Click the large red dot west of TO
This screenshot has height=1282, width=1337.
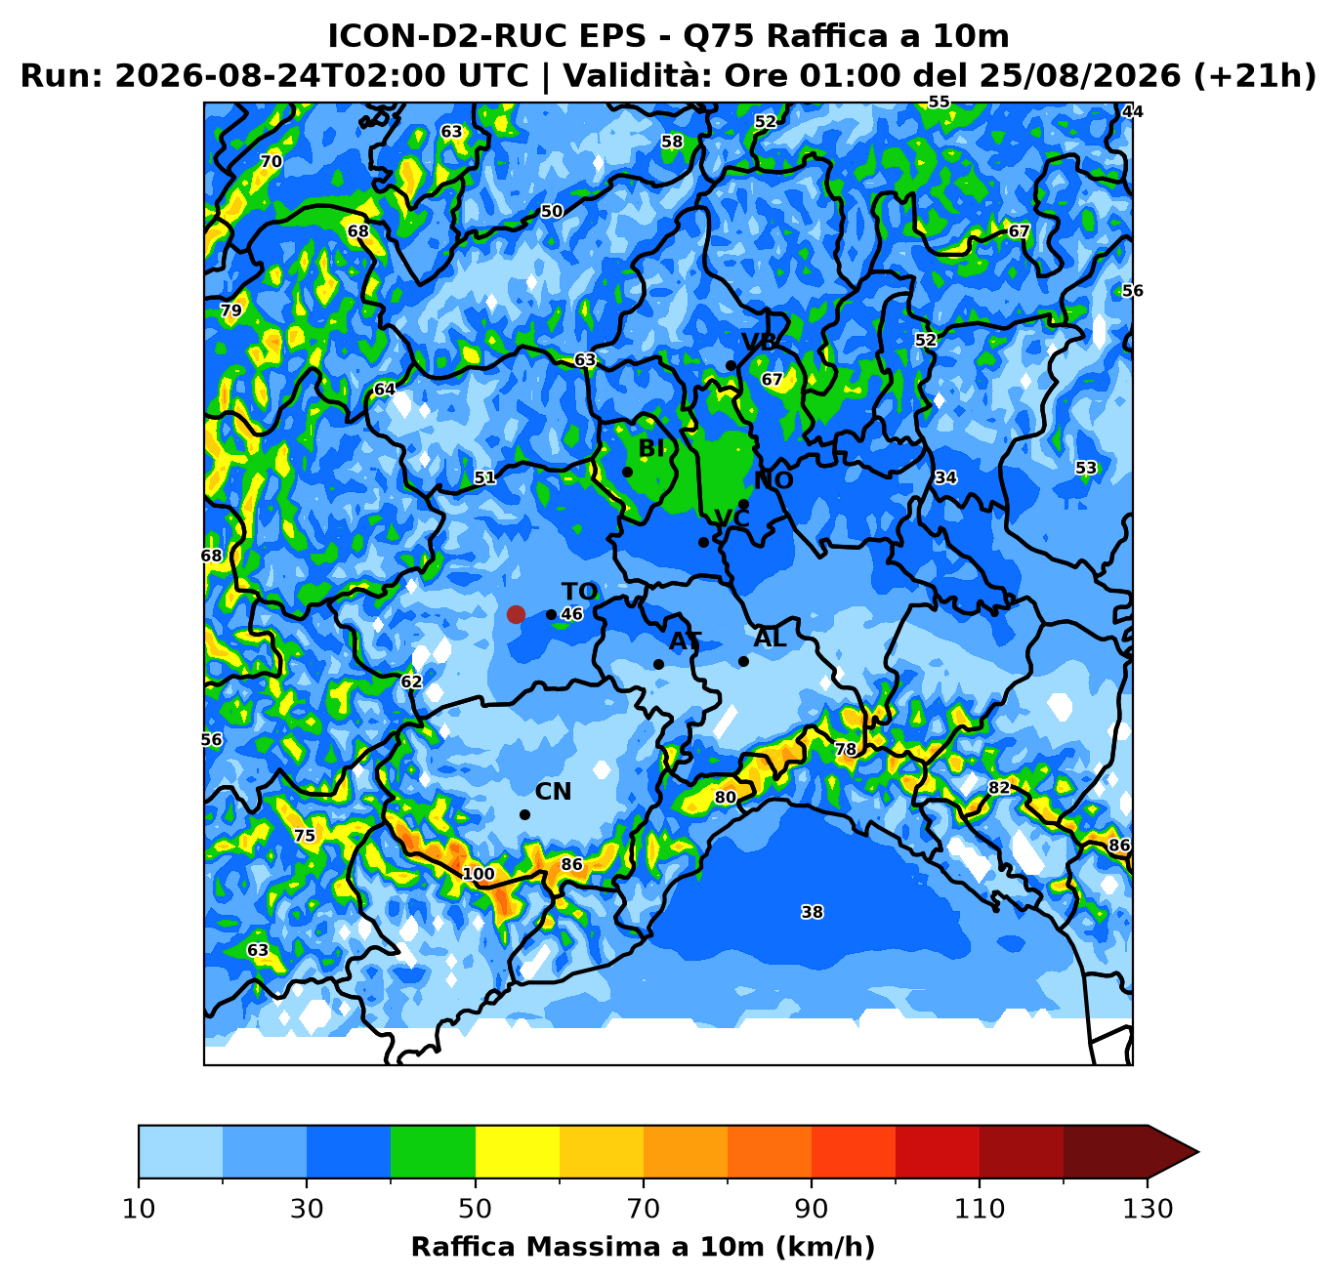click(516, 614)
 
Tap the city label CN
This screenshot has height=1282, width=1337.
click(553, 792)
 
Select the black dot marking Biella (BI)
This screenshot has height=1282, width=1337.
click(627, 472)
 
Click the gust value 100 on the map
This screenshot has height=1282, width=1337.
click(479, 874)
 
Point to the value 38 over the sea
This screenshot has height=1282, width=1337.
click(813, 912)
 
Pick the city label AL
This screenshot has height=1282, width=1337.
click(770, 639)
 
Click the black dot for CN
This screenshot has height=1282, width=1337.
click(524, 815)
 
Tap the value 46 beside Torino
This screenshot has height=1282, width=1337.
click(571, 613)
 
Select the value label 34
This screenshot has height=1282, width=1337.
click(945, 477)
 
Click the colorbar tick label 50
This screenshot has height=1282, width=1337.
click(475, 1209)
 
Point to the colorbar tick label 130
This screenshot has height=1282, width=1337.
click(1148, 1209)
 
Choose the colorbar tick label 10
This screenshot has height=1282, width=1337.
click(139, 1209)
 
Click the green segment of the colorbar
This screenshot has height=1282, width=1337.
click(433, 1151)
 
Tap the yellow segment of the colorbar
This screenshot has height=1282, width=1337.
click(518, 1151)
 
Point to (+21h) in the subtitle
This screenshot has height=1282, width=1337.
click(1255, 76)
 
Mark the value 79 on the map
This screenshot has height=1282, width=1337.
click(231, 310)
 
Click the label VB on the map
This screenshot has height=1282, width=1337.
click(759, 342)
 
